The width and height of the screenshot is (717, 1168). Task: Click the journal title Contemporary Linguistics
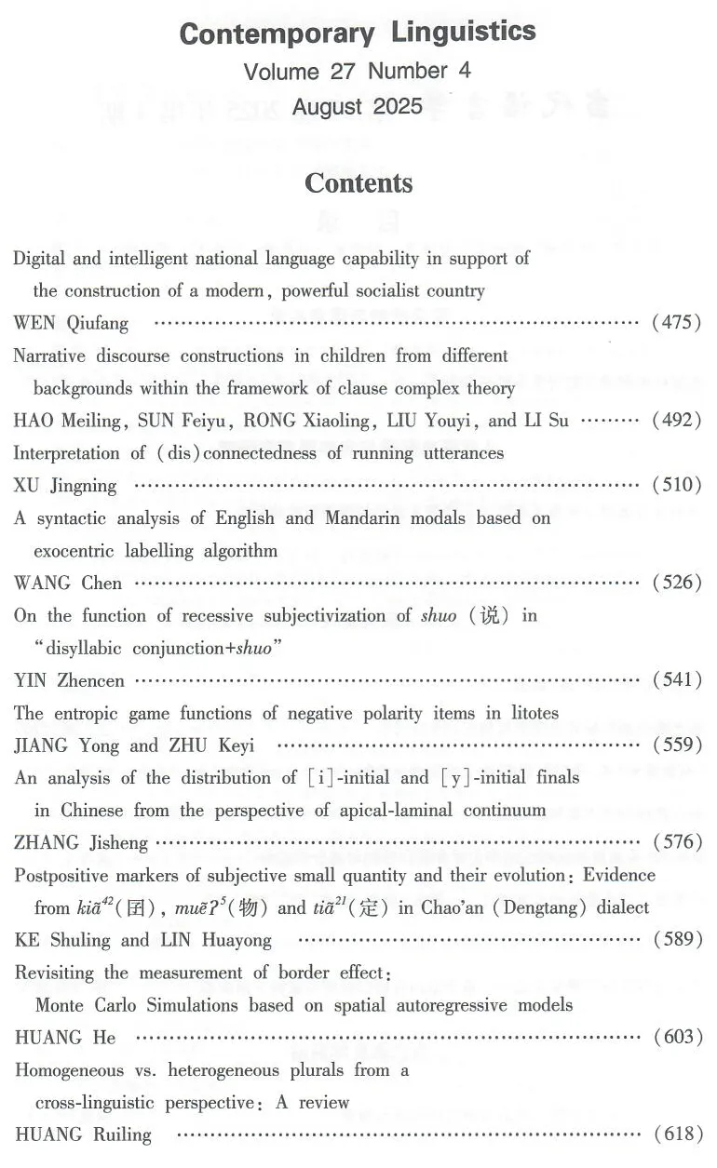pyautogui.click(x=358, y=34)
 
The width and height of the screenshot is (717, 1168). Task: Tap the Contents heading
pyautogui.click(x=358, y=183)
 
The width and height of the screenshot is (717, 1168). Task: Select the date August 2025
pyautogui.click(x=358, y=107)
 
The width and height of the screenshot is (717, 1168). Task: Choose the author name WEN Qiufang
pyautogui.click(x=71, y=323)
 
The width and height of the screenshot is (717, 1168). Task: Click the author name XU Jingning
pyautogui.click(x=65, y=485)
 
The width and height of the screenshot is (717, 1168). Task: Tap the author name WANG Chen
pyautogui.click(x=68, y=583)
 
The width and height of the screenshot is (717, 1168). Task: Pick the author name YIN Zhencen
pyautogui.click(x=70, y=680)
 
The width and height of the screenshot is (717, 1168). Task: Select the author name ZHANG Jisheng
pyautogui.click(x=81, y=842)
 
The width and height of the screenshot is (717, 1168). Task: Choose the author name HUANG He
pyautogui.click(x=65, y=1037)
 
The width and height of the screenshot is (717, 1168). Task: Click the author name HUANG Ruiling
pyautogui.click(x=83, y=1134)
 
